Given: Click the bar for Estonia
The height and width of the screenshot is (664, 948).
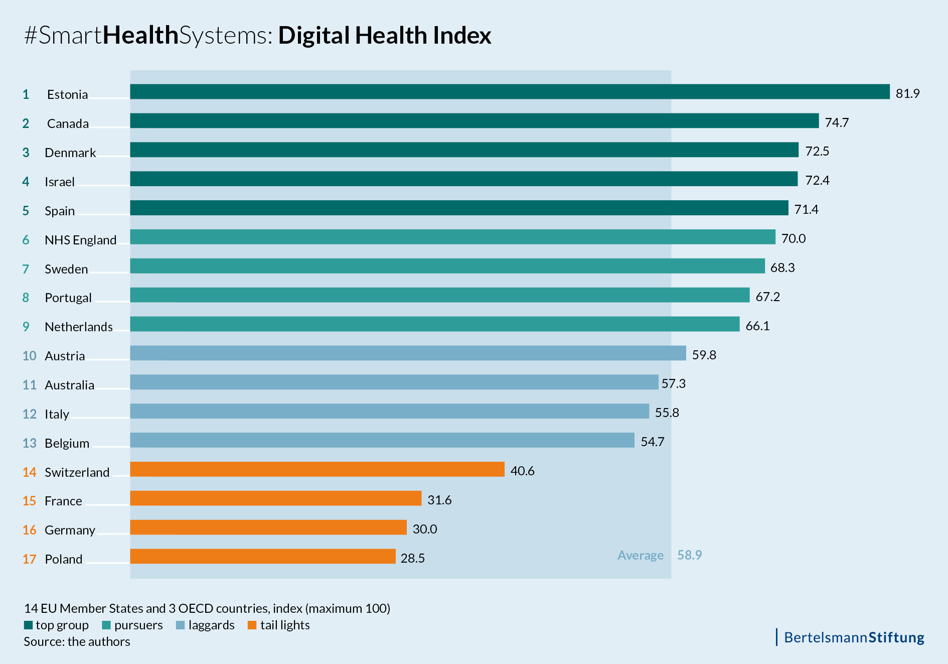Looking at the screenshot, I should [509, 91].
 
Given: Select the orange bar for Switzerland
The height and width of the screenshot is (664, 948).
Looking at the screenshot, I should [317, 469].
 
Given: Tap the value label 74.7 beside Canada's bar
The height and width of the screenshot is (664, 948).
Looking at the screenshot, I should [837, 122].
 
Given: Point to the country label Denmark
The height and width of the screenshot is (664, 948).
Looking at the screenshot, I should [70, 153].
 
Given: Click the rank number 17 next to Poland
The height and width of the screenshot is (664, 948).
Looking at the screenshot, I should [29, 559].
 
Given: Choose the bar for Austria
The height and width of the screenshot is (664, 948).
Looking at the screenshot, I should [408, 353].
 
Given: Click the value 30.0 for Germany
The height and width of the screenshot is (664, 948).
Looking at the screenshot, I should [424, 529].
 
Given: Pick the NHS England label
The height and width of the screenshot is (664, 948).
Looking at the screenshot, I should [80, 240].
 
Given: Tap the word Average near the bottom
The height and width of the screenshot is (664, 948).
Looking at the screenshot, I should [640, 555].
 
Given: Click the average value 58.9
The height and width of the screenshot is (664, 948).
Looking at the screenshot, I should [689, 555].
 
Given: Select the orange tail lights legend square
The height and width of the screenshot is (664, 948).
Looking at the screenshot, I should [252, 625].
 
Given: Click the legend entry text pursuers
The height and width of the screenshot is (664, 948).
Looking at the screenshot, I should [138, 625].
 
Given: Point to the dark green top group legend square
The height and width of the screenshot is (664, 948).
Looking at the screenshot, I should [28, 625].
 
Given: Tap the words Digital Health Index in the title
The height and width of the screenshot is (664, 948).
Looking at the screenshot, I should [384, 35].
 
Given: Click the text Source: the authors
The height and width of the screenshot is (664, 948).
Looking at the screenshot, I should [77, 641].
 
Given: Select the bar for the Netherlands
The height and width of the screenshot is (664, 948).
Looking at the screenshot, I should [434, 324].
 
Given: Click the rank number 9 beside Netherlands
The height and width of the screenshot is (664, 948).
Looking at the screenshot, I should [26, 327].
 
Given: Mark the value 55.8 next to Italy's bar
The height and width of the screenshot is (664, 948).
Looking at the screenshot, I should [667, 413].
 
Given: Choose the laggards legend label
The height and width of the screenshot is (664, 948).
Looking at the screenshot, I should [211, 625].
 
